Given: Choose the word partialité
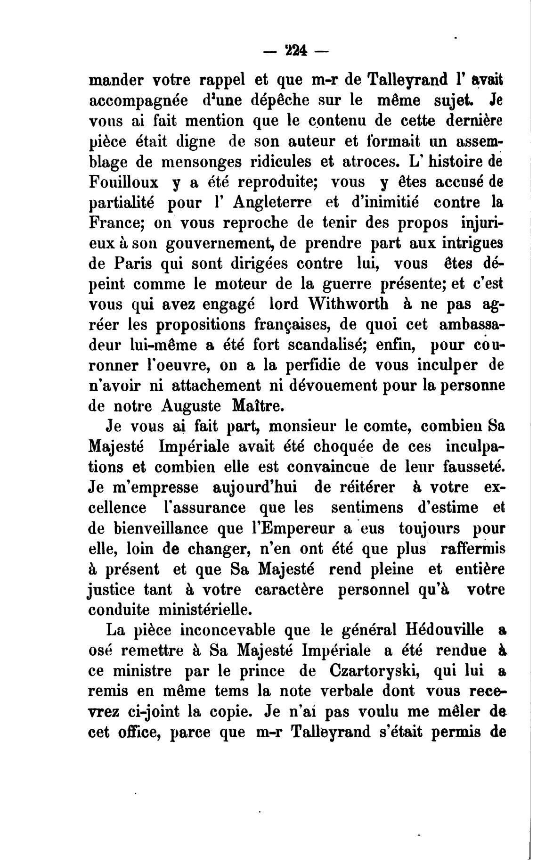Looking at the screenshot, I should pyautogui.click(x=122, y=203).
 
